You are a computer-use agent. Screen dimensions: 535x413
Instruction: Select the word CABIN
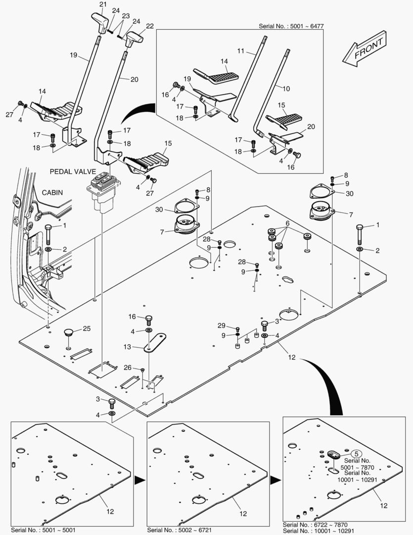52,192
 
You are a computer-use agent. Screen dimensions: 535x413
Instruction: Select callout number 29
221,325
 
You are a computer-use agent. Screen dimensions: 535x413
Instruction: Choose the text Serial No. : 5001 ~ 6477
292,26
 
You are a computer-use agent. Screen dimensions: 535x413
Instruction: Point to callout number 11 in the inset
241,51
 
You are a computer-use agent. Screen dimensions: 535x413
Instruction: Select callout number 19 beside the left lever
74,55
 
